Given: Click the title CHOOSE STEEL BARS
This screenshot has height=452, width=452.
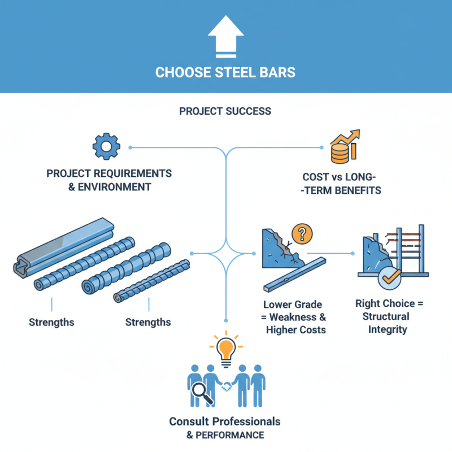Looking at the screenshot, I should coord(225,73).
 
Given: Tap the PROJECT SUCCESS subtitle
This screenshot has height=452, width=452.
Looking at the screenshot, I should coord(225,111).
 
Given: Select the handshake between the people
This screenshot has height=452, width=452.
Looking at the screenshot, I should coord(227,386).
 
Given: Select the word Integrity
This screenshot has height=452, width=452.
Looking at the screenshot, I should coord(388,329).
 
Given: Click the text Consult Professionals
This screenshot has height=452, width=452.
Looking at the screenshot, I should coord(225,421).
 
